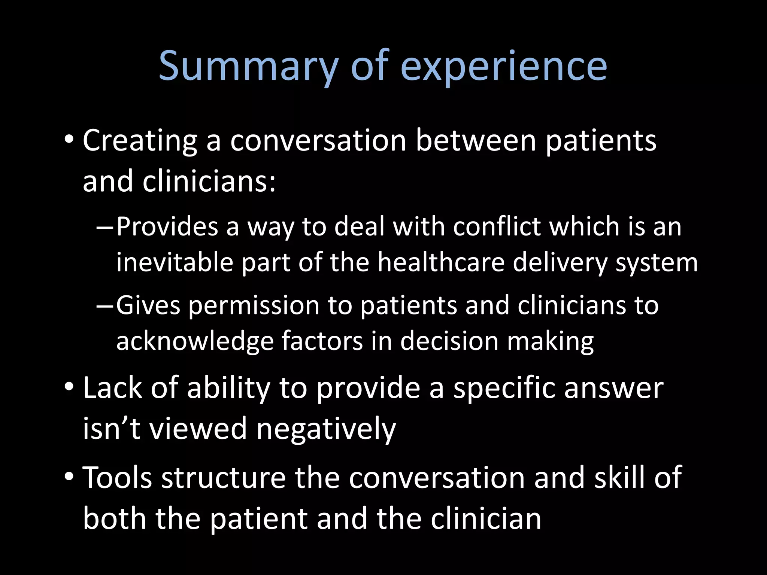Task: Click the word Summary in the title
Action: coord(248,67)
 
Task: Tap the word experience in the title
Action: coord(504,67)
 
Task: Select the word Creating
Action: coord(140,141)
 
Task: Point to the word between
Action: coord(476,141)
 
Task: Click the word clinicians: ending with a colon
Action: coord(209,182)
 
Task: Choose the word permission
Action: coord(254,306)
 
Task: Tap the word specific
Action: coord(504,389)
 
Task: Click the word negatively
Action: coord(326,429)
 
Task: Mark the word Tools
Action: coord(117,478)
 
